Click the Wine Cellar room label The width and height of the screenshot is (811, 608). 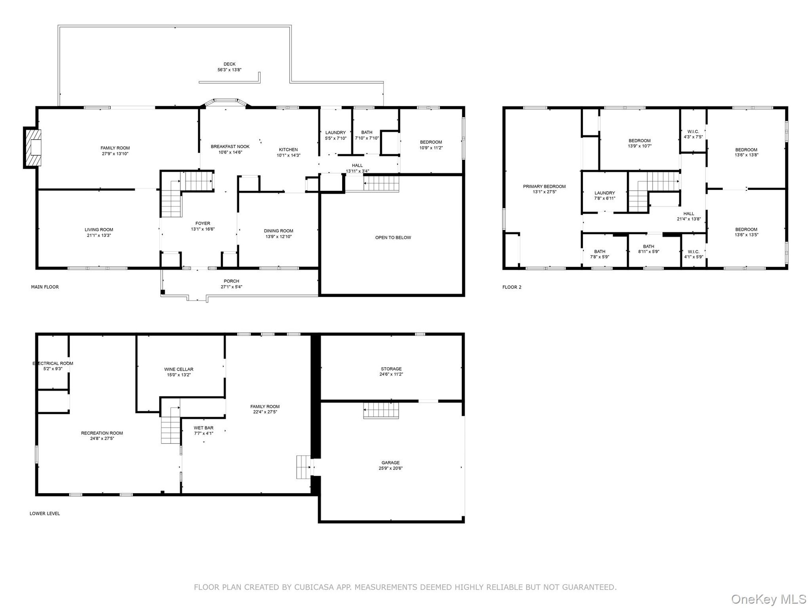(x=179, y=369)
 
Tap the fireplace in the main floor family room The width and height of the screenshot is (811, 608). (x=33, y=147)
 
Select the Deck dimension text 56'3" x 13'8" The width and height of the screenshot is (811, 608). (x=229, y=70)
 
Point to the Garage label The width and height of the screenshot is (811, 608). (x=390, y=463)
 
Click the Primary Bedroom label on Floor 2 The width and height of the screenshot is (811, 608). (x=544, y=187)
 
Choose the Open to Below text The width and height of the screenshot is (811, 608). (x=393, y=238)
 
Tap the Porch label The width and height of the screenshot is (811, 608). (x=231, y=281)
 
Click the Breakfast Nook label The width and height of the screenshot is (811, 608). (x=230, y=147)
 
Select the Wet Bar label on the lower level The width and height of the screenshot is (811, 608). (x=204, y=428)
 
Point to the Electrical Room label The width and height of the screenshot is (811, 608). (x=53, y=364)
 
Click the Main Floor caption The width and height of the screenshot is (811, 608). (x=45, y=287)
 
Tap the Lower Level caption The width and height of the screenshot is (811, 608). (x=45, y=514)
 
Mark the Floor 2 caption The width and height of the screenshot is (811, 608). (x=512, y=288)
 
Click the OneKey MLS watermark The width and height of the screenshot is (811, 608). (x=768, y=599)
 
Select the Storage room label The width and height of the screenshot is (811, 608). (x=391, y=369)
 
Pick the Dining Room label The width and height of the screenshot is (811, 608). (x=278, y=231)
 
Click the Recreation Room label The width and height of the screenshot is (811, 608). (x=102, y=433)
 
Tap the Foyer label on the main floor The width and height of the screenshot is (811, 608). (x=203, y=224)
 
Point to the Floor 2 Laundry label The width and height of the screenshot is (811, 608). (x=604, y=193)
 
